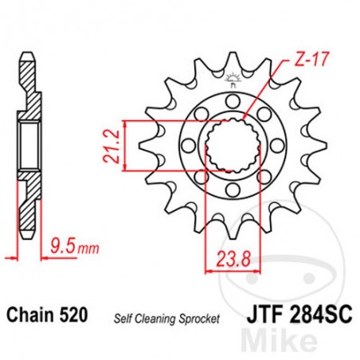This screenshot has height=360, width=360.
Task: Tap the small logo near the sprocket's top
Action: [x=233, y=77]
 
